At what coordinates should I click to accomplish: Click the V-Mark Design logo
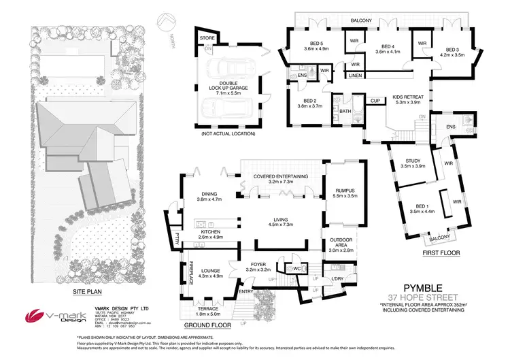pos(48,317)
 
